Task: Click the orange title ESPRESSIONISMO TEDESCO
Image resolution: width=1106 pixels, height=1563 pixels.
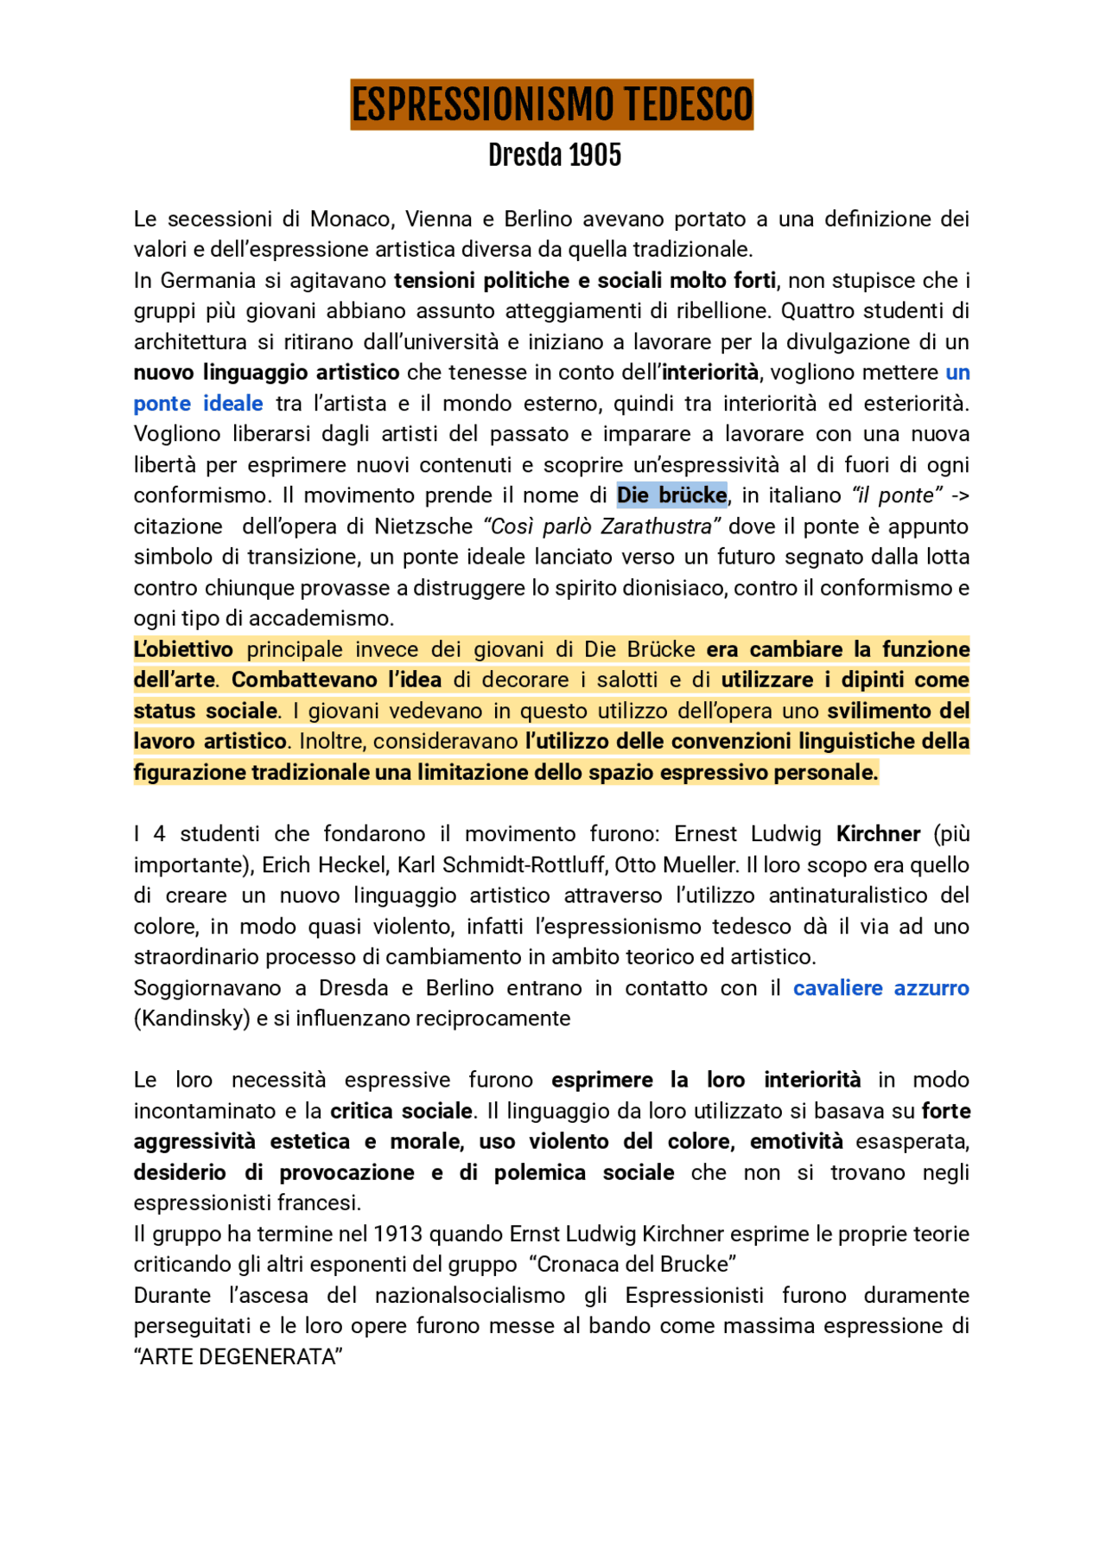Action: [551, 105]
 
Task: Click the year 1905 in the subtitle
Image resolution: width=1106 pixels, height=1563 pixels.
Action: [594, 156]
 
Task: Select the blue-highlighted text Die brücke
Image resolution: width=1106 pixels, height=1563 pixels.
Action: [671, 495]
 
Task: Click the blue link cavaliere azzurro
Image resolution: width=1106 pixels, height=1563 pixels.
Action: [880, 988]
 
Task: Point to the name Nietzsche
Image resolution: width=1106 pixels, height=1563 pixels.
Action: [423, 526]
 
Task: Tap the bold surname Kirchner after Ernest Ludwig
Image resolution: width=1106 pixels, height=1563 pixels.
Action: [878, 834]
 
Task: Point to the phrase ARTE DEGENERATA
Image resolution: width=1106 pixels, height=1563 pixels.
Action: [238, 1357]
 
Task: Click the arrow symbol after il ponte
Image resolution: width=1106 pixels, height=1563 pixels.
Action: [959, 495]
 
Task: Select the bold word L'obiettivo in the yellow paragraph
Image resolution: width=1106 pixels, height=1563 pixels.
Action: [183, 649]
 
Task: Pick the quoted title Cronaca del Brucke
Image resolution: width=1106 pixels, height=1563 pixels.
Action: [636, 1265]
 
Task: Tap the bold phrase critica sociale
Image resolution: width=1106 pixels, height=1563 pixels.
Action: [401, 1111]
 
